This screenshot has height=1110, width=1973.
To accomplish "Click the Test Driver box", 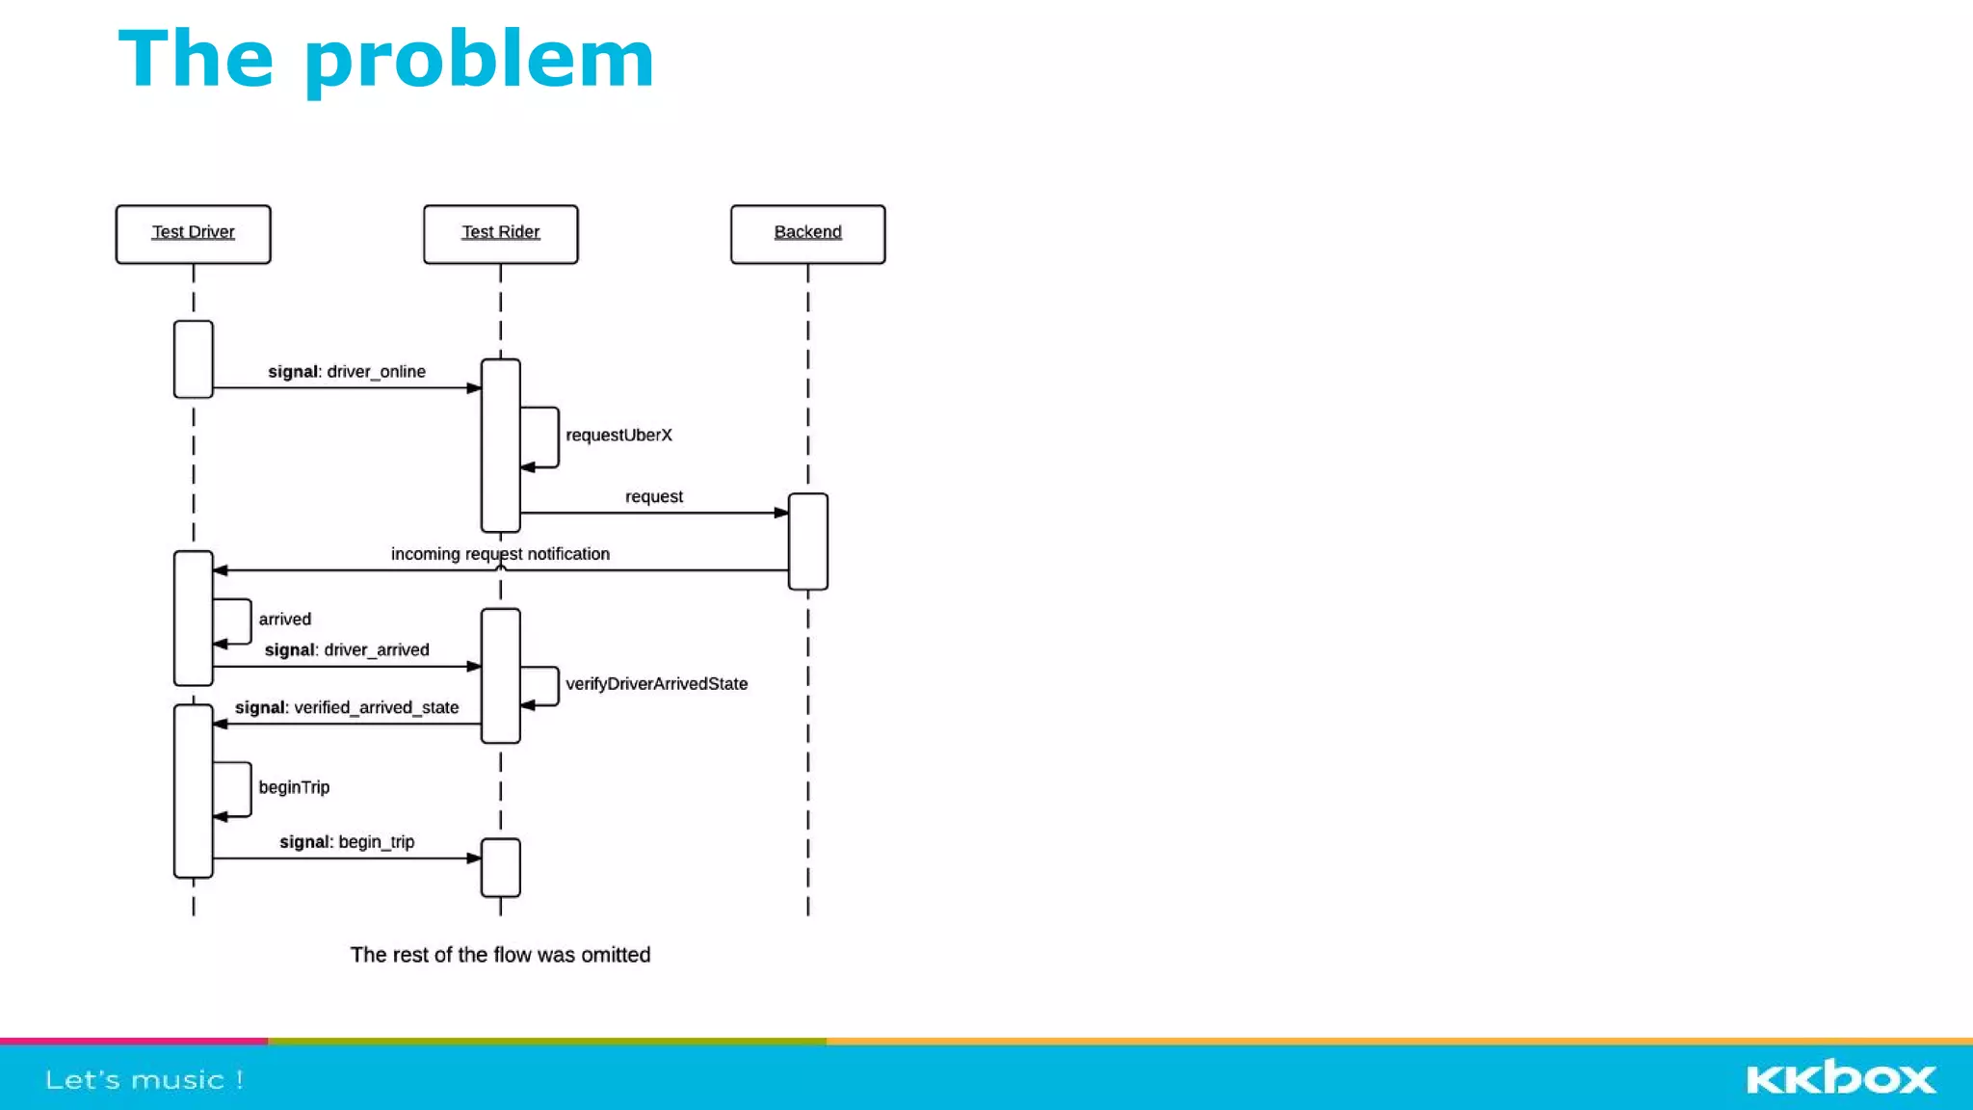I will [x=193, y=233].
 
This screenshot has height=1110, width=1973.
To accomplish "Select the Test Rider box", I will [x=500, y=233].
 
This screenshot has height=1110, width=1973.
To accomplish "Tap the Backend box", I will [x=807, y=233].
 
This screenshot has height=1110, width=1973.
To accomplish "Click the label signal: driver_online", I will [x=346, y=372].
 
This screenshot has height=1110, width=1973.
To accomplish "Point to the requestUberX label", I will [x=618, y=436].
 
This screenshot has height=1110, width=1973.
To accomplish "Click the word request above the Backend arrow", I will [x=653, y=497].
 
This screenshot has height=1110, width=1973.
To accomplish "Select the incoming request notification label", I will [x=500, y=554].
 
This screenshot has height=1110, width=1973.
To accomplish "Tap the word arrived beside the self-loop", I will [x=284, y=620].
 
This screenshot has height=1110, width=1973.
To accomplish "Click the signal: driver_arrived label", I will [x=346, y=650].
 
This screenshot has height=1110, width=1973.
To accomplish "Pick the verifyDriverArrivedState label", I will [x=656, y=684].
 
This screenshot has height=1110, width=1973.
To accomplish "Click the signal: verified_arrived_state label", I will [x=346, y=708].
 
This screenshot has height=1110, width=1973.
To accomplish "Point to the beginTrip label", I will [x=294, y=787].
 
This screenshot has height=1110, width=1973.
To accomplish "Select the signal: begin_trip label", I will [x=346, y=842].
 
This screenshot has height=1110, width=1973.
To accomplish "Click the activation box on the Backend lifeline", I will [x=807, y=541].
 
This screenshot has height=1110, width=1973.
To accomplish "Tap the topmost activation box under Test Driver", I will [x=193, y=358].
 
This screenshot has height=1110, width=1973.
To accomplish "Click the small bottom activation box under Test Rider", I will [x=500, y=867].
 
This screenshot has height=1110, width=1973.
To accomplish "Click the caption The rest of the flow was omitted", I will [x=500, y=955].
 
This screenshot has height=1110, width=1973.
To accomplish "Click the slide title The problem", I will [x=385, y=60].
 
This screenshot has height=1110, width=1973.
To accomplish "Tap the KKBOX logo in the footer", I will [x=1840, y=1078].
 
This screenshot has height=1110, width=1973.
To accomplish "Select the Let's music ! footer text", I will [x=145, y=1080].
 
